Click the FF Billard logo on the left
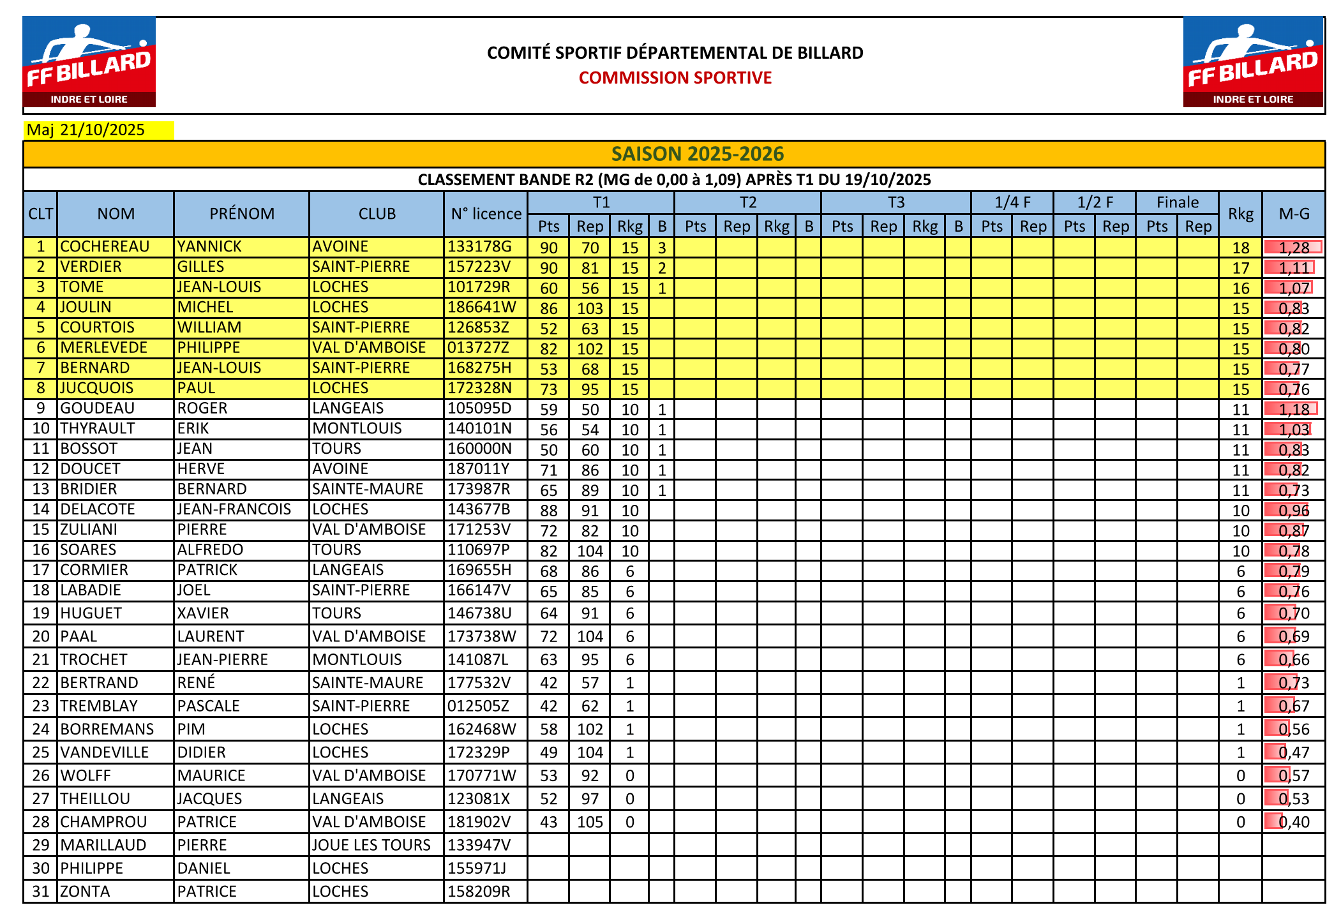point(89,62)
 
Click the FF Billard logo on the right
point(1252,62)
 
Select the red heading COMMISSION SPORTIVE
point(675,78)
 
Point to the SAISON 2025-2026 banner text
point(697,154)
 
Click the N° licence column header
point(486,214)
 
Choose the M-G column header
point(1293,214)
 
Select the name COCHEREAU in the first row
point(105,247)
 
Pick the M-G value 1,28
point(1294,248)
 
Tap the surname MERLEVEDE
point(103,348)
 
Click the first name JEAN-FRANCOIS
point(234,509)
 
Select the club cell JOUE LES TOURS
point(371,845)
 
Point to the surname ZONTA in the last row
point(85,892)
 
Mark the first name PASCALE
point(208,706)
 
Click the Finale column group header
point(1177,202)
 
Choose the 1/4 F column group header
point(1012,202)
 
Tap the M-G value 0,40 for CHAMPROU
point(1294,822)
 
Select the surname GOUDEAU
point(97,408)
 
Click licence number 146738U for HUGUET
point(479,613)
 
